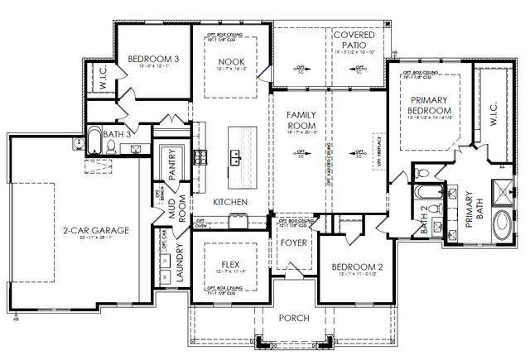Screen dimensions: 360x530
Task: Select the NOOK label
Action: point(230,62)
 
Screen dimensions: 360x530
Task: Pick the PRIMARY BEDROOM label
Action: point(429,105)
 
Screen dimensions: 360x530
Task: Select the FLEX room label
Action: point(230,264)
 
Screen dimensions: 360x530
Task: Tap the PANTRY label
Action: point(171,164)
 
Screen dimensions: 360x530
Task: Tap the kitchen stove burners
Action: point(199,156)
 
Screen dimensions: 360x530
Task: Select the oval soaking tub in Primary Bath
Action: point(502,225)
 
